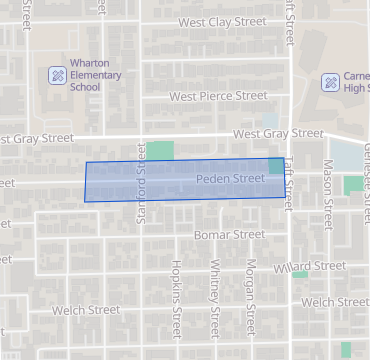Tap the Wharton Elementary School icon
point(59,75)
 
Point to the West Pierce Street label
point(218,97)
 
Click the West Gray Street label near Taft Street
point(278,134)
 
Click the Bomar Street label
point(229,235)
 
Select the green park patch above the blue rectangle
point(160,151)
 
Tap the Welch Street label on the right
point(334,302)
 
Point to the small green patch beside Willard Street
point(300,274)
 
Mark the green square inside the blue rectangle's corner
point(275,165)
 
